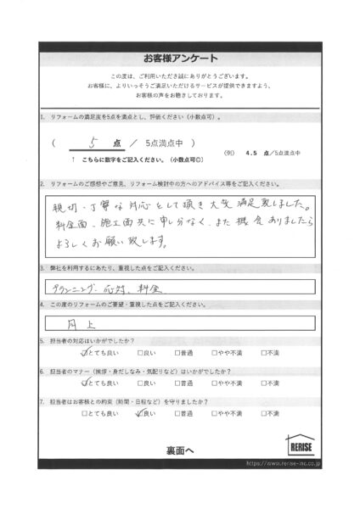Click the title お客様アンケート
(180, 58)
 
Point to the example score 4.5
(250, 153)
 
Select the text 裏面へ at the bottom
(179, 450)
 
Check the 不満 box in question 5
(266, 352)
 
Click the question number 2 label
(43, 183)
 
